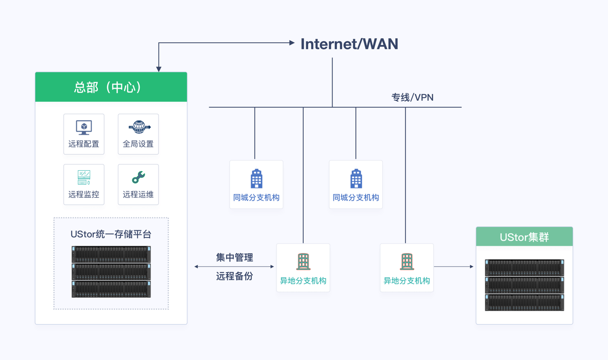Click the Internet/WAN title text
[x=349, y=44]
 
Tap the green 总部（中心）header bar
[x=111, y=87]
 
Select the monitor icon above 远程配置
[x=84, y=128]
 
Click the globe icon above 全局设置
[x=138, y=127]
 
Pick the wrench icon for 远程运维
[x=138, y=177]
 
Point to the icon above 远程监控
[x=84, y=177]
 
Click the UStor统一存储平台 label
[x=111, y=234]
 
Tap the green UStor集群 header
[x=524, y=237]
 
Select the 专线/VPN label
[x=412, y=98]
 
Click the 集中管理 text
[x=234, y=258]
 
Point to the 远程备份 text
[x=234, y=277]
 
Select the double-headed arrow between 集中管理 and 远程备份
[x=234, y=267]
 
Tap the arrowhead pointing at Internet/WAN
[x=292, y=43]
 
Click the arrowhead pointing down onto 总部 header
[x=159, y=69]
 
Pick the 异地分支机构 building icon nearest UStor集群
[x=407, y=262]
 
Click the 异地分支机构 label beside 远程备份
[x=303, y=281]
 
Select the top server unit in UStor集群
[x=524, y=267]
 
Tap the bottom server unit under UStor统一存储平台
[x=111, y=289]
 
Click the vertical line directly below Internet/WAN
[x=332, y=81]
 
